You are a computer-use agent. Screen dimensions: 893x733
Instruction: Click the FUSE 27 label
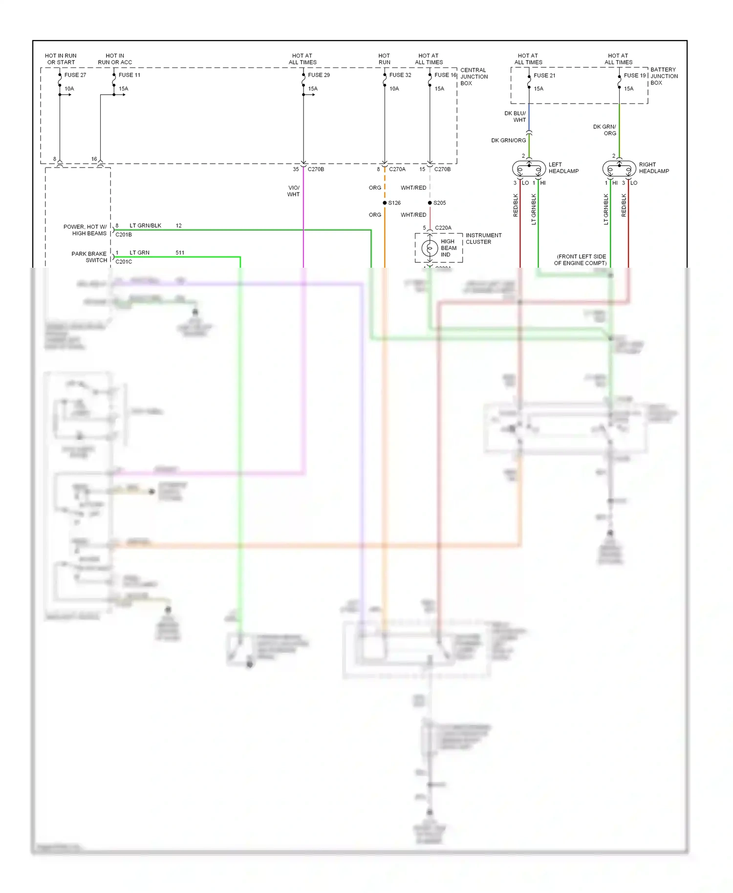click(75, 75)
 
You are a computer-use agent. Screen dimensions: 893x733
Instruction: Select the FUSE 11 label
click(129, 75)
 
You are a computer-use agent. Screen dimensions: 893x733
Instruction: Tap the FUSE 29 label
click(319, 75)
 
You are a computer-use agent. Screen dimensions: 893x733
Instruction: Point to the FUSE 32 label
click(400, 75)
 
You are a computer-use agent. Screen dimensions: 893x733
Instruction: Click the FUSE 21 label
click(544, 75)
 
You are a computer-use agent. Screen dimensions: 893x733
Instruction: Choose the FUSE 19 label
click(634, 75)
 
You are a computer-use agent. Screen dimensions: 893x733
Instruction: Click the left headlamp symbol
click(529, 169)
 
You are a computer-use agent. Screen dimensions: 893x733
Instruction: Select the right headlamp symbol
click(619, 169)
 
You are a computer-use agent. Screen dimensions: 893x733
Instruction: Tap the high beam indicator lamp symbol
click(430, 248)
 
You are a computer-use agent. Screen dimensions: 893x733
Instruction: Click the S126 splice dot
click(385, 203)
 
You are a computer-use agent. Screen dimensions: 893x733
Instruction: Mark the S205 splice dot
click(430, 203)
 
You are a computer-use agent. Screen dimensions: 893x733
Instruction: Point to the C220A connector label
click(443, 228)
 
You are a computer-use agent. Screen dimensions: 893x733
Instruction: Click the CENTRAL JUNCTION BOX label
click(474, 77)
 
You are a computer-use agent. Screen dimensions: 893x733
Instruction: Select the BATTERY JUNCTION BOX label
click(664, 76)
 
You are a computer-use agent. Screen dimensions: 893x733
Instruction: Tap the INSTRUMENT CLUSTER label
click(483, 238)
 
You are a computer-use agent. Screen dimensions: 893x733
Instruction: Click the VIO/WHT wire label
click(293, 191)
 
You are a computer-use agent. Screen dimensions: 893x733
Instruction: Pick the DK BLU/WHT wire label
click(515, 116)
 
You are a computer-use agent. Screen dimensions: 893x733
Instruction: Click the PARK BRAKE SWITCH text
click(89, 257)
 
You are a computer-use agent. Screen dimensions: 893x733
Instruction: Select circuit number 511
click(180, 253)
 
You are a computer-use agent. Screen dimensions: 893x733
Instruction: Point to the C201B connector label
click(124, 234)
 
